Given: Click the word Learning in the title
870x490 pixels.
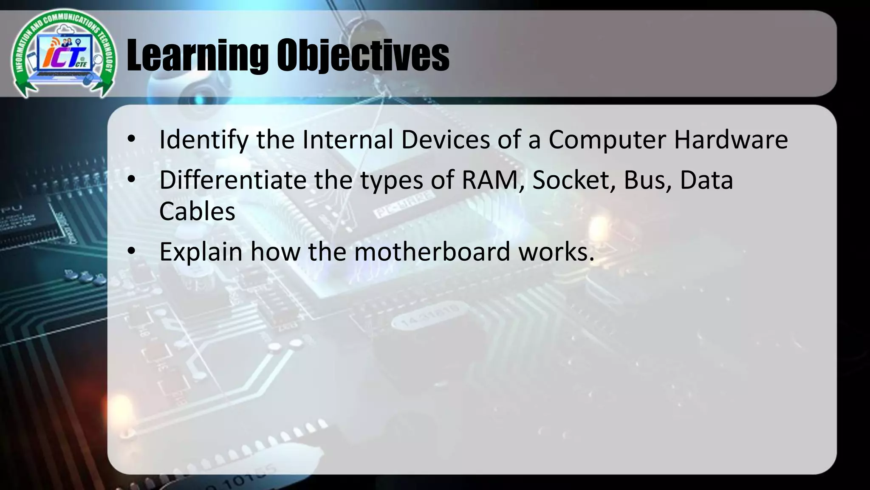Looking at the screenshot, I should [198, 55].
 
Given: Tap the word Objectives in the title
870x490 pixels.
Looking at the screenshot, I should [363, 55].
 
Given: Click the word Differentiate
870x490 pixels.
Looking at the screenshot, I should [233, 180].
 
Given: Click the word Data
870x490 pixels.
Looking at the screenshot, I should [706, 180].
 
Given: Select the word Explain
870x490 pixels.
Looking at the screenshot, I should [201, 252].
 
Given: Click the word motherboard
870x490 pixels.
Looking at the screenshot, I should [432, 252].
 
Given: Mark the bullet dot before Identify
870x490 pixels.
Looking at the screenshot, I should [131, 139].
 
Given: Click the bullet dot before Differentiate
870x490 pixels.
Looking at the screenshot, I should [131, 179].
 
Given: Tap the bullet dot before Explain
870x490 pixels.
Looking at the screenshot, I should [131, 251].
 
